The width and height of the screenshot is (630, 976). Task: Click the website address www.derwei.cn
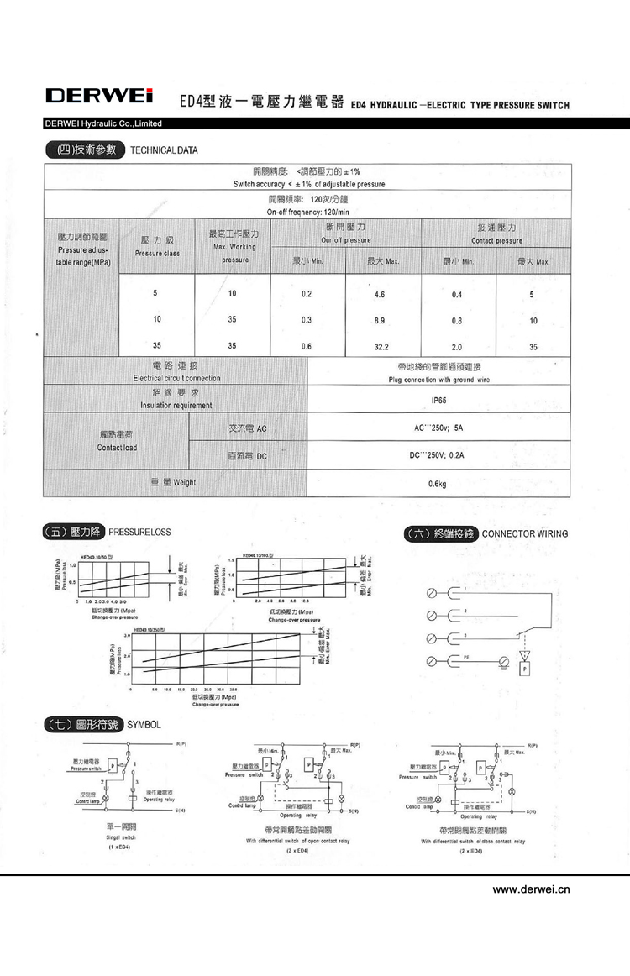pyautogui.click(x=531, y=889)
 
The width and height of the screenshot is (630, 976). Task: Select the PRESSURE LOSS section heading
pyautogui.click(x=139, y=533)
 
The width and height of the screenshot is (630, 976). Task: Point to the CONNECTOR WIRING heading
pyautogui.click(x=525, y=533)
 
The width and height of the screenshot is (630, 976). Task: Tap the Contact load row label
pyautogui.click(x=117, y=441)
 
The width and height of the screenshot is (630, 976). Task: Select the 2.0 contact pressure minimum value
pyautogui.click(x=457, y=345)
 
